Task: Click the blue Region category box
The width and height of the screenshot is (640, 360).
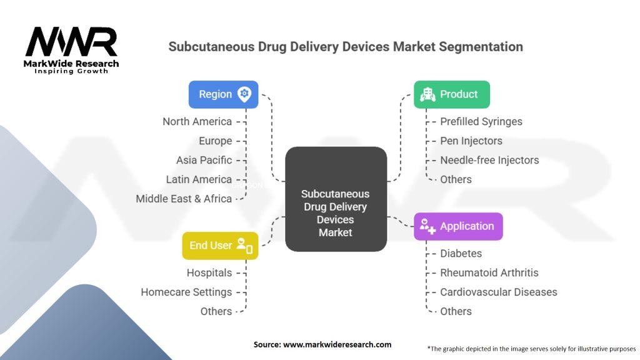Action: (223, 94)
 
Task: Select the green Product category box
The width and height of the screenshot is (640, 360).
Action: (452, 94)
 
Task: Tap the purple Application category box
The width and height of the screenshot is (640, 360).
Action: (458, 226)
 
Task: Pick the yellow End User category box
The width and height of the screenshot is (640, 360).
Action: (220, 246)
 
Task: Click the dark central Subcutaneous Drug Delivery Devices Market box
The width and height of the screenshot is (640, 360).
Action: (336, 199)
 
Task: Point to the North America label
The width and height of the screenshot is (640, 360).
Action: (197, 122)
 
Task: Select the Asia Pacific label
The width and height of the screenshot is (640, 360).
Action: (204, 160)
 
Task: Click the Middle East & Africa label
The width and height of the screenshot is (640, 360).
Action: (184, 199)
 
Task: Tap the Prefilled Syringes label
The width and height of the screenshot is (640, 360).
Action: (481, 122)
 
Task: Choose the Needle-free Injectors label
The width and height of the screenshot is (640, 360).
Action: (489, 160)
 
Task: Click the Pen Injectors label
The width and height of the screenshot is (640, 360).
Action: (471, 141)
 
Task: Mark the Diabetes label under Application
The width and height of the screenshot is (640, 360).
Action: (461, 254)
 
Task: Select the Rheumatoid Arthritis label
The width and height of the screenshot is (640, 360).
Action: (489, 272)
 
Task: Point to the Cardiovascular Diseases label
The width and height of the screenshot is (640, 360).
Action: (498, 292)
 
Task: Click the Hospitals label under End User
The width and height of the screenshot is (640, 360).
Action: (209, 272)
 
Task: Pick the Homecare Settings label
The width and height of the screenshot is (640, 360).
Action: (186, 292)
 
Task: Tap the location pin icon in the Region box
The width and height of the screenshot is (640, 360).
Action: (244, 94)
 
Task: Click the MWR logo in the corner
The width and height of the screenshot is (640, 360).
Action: (71, 50)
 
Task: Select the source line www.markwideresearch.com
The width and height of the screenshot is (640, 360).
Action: (322, 344)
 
